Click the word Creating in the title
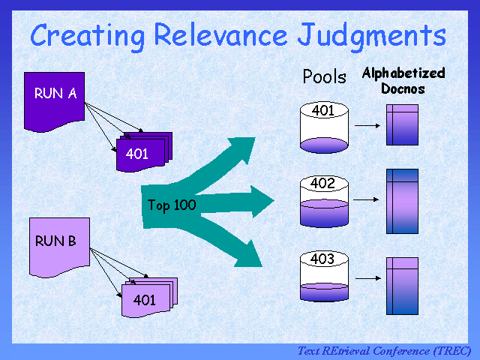(x=87, y=37)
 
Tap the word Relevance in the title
(x=220, y=34)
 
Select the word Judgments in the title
(x=372, y=37)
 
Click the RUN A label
(x=55, y=93)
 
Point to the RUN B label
(x=55, y=241)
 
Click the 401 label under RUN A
(x=136, y=154)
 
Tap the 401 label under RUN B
(x=144, y=300)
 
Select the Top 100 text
(x=172, y=205)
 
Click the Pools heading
(x=325, y=76)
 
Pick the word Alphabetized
(x=403, y=73)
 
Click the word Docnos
(x=403, y=88)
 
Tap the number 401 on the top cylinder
(x=323, y=110)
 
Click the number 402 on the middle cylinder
(x=322, y=183)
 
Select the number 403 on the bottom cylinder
(x=322, y=259)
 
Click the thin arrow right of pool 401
(x=367, y=125)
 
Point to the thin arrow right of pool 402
(x=366, y=199)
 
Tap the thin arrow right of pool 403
(x=368, y=278)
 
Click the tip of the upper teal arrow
(x=255, y=138)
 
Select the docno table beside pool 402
(x=402, y=201)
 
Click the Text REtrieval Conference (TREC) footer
(x=384, y=351)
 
